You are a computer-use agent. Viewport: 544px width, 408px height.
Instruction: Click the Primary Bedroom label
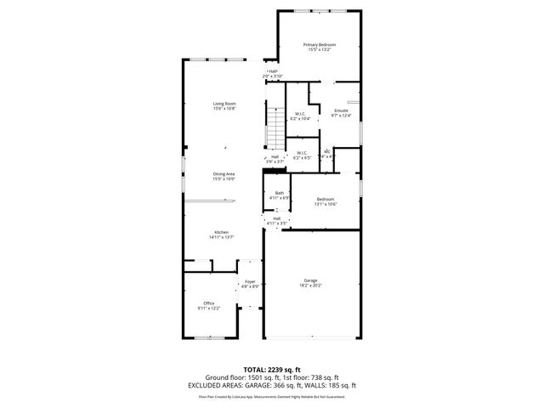click(x=320, y=44)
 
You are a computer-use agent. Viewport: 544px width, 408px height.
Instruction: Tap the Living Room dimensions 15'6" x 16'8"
click(x=224, y=109)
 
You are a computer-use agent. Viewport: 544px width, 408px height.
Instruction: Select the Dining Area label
click(x=224, y=173)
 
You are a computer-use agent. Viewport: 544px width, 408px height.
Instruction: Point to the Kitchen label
click(x=222, y=232)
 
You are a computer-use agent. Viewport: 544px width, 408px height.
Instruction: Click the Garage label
click(x=310, y=280)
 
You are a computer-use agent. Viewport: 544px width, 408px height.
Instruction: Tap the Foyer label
click(x=250, y=281)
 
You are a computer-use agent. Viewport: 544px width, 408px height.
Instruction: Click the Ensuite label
click(x=341, y=110)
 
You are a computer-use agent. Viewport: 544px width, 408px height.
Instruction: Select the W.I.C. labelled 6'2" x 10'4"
click(x=300, y=114)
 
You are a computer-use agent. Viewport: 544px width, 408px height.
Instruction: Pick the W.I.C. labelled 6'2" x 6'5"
click(x=302, y=153)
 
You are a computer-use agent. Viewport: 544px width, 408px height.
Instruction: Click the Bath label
click(x=280, y=193)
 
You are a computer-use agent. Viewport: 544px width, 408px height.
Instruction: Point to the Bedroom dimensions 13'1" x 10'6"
click(x=326, y=204)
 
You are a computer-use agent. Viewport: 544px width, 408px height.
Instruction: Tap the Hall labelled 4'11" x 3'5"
click(x=277, y=223)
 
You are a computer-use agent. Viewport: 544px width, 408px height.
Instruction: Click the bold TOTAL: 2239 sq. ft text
click(x=272, y=369)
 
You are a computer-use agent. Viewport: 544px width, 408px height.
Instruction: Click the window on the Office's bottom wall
click(x=208, y=338)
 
